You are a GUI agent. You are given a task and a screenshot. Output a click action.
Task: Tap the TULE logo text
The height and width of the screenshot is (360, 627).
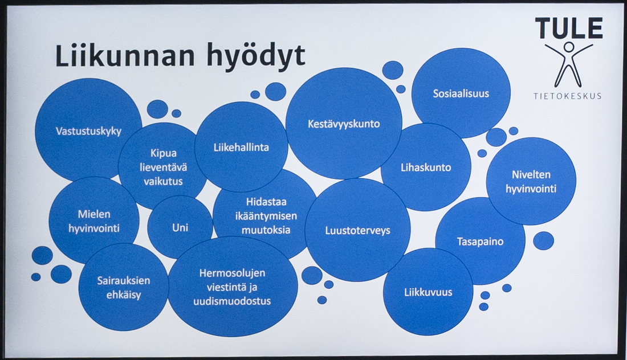[568, 28]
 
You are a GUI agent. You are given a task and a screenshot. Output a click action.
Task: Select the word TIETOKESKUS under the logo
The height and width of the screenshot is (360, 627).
[567, 96]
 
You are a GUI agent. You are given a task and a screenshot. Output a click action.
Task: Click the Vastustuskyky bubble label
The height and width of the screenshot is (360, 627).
[88, 131]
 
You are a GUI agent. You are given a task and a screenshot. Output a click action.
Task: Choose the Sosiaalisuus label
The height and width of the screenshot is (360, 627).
[461, 93]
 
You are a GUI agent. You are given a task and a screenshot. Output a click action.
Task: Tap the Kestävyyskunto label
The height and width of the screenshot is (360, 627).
[343, 124]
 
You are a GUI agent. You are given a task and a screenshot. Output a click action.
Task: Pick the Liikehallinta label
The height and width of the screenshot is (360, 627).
[241, 147]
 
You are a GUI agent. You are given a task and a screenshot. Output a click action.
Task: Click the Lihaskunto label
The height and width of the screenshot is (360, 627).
[425, 167]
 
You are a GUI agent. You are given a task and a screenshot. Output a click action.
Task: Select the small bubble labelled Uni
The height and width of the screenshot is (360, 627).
[180, 228]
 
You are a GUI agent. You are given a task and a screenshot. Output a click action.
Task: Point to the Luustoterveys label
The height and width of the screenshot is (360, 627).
[357, 230]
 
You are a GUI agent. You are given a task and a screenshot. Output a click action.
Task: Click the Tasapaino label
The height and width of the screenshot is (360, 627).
[480, 242]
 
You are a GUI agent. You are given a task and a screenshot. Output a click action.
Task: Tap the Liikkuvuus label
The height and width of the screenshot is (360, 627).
[427, 292]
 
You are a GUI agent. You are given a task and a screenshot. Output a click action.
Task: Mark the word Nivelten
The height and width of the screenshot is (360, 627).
[531, 175]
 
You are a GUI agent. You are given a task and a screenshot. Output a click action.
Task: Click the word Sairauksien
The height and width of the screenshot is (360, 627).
[123, 280]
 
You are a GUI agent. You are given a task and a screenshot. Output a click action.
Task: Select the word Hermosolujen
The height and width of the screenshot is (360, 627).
[232, 273]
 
